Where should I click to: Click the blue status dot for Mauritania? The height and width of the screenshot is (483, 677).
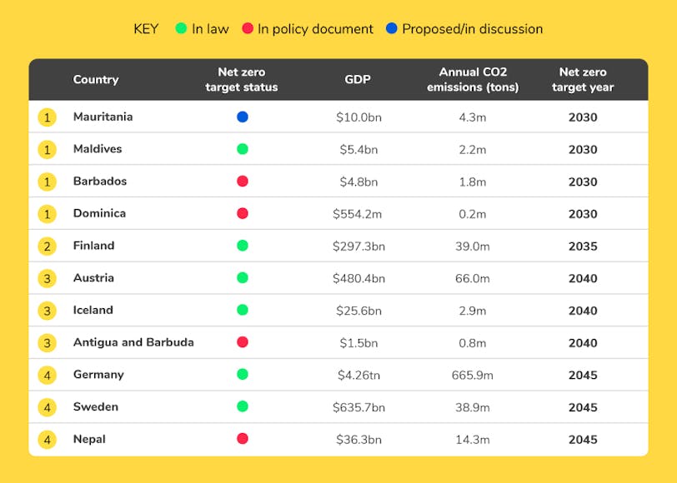point(242,117)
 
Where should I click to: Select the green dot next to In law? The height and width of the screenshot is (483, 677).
point(181,29)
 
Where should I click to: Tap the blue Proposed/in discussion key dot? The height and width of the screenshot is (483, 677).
point(391,29)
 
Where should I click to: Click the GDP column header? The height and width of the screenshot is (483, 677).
point(357,80)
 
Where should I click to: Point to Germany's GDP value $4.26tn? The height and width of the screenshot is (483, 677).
point(357,375)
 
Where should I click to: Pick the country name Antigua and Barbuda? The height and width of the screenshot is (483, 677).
point(133,342)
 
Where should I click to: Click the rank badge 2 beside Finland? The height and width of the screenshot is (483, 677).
point(48,246)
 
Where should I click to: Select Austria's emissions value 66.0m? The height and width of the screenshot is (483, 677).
point(472,278)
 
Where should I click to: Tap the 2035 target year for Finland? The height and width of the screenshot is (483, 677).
point(583,246)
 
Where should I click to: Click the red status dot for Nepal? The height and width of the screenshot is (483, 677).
point(242,439)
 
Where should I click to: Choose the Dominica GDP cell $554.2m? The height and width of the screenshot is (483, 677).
point(357,214)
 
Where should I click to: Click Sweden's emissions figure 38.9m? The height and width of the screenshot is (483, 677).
point(472,407)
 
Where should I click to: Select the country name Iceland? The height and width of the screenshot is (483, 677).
point(93,310)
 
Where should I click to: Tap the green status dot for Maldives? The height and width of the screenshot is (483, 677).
point(242,149)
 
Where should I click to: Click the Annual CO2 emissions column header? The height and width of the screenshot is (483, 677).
point(472,80)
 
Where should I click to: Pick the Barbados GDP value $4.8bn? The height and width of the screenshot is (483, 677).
point(357,182)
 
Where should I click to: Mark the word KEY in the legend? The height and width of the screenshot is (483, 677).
point(146,29)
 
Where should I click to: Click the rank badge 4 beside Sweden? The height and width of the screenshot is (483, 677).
point(48,407)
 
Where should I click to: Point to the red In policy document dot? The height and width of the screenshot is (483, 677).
point(247,29)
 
